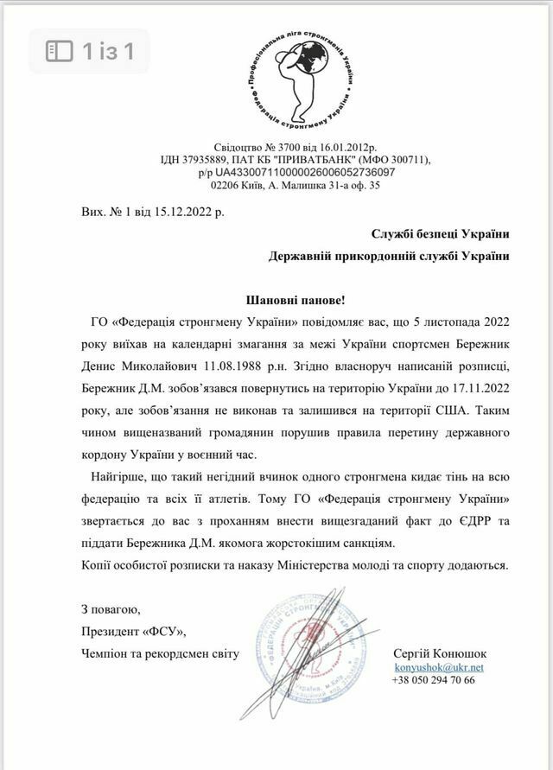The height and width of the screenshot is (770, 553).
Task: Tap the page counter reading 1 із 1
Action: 90,51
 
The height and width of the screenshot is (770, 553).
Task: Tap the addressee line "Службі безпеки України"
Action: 440,233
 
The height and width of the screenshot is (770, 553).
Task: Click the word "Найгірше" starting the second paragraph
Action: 113,477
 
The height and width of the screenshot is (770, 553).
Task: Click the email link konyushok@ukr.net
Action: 438,667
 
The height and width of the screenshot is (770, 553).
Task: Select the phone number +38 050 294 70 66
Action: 433,680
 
